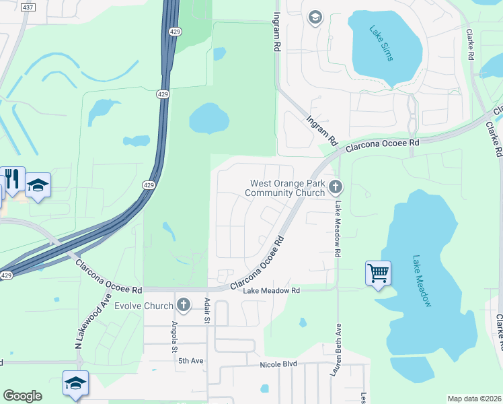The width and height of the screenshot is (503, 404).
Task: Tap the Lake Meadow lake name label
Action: (x=422, y=281)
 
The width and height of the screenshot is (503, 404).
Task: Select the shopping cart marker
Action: (x=378, y=273)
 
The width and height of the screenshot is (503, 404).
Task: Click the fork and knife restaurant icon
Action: (x=12, y=178)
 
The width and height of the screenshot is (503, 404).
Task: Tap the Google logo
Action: (x=22, y=396)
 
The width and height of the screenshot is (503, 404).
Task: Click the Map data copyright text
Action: (x=474, y=399)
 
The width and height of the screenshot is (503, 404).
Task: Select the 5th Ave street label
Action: (x=191, y=361)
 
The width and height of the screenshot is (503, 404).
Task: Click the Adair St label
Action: (x=208, y=310)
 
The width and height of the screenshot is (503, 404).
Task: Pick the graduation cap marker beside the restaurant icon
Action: (x=38, y=185)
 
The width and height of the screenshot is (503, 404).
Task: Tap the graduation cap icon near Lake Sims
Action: (x=315, y=17)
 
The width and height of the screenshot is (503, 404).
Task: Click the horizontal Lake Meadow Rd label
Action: (x=270, y=291)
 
